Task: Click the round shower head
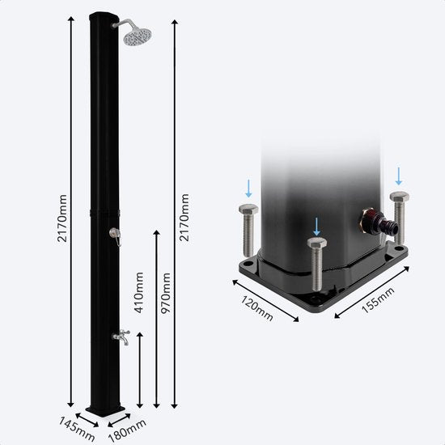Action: point(138,36)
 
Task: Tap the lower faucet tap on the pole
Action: point(121,337)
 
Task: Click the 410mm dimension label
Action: point(139,293)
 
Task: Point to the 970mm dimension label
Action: point(165,293)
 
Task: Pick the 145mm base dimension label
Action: point(76,429)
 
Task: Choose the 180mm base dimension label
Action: point(127,430)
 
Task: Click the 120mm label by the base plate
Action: point(257,308)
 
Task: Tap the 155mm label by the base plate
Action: point(378,300)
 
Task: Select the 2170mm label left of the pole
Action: point(62,218)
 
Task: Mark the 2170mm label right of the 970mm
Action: point(184,218)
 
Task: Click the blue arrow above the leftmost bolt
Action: point(248,189)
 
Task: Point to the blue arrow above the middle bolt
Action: point(316,227)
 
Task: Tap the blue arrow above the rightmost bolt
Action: point(399,176)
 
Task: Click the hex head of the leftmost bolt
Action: point(248,210)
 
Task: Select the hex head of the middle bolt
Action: point(316,243)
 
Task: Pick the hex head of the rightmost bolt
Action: point(400,197)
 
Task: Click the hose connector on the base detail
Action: point(379,221)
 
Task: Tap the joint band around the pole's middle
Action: point(104,213)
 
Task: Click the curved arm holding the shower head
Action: point(124,23)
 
